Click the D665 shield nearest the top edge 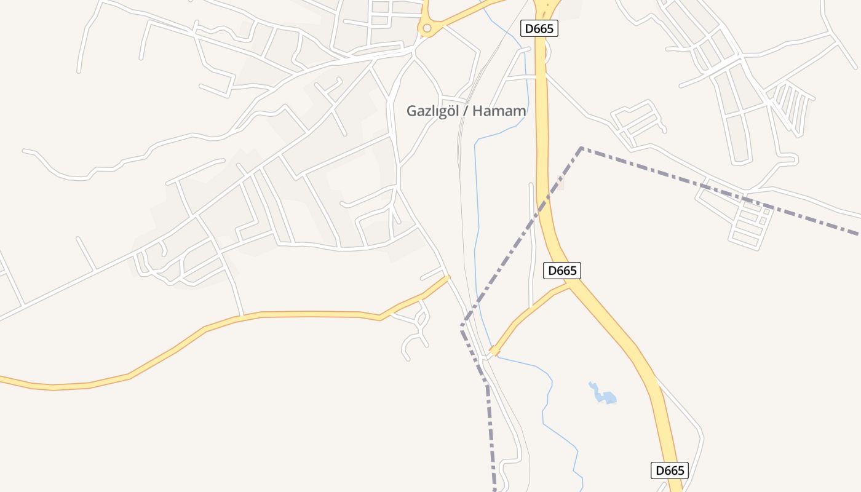[x=539, y=28]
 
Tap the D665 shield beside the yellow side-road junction [x=562, y=270]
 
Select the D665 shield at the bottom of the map [x=669, y=470]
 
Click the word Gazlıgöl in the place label [x=432, y=111]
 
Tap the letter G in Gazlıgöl [x=411, y=111]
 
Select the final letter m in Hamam [x=521, y=111]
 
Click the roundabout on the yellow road [x=427, y=28]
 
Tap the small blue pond [x=605, y=395]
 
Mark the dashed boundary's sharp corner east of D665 [x=581, y=148]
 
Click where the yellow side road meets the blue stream [x=494, y=351]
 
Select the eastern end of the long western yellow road [x=447, y=278]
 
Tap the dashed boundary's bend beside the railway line [x=462, y=325]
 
